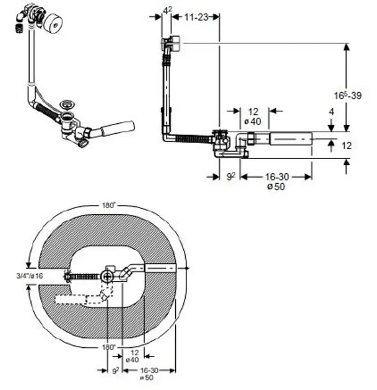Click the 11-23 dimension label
[x=196, y=17]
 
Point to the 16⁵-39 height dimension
[x=347, y=95]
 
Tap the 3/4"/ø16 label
[x=30, y=275]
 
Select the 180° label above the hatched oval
[x=109, y=205]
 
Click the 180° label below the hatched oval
[x=109, y=347]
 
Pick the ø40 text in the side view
[x=253, y=121]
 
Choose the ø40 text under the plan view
[x=132, y=360]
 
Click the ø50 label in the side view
[x=276, y=186]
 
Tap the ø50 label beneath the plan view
[x=147, y=378]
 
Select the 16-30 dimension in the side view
[x=277, y=177]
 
